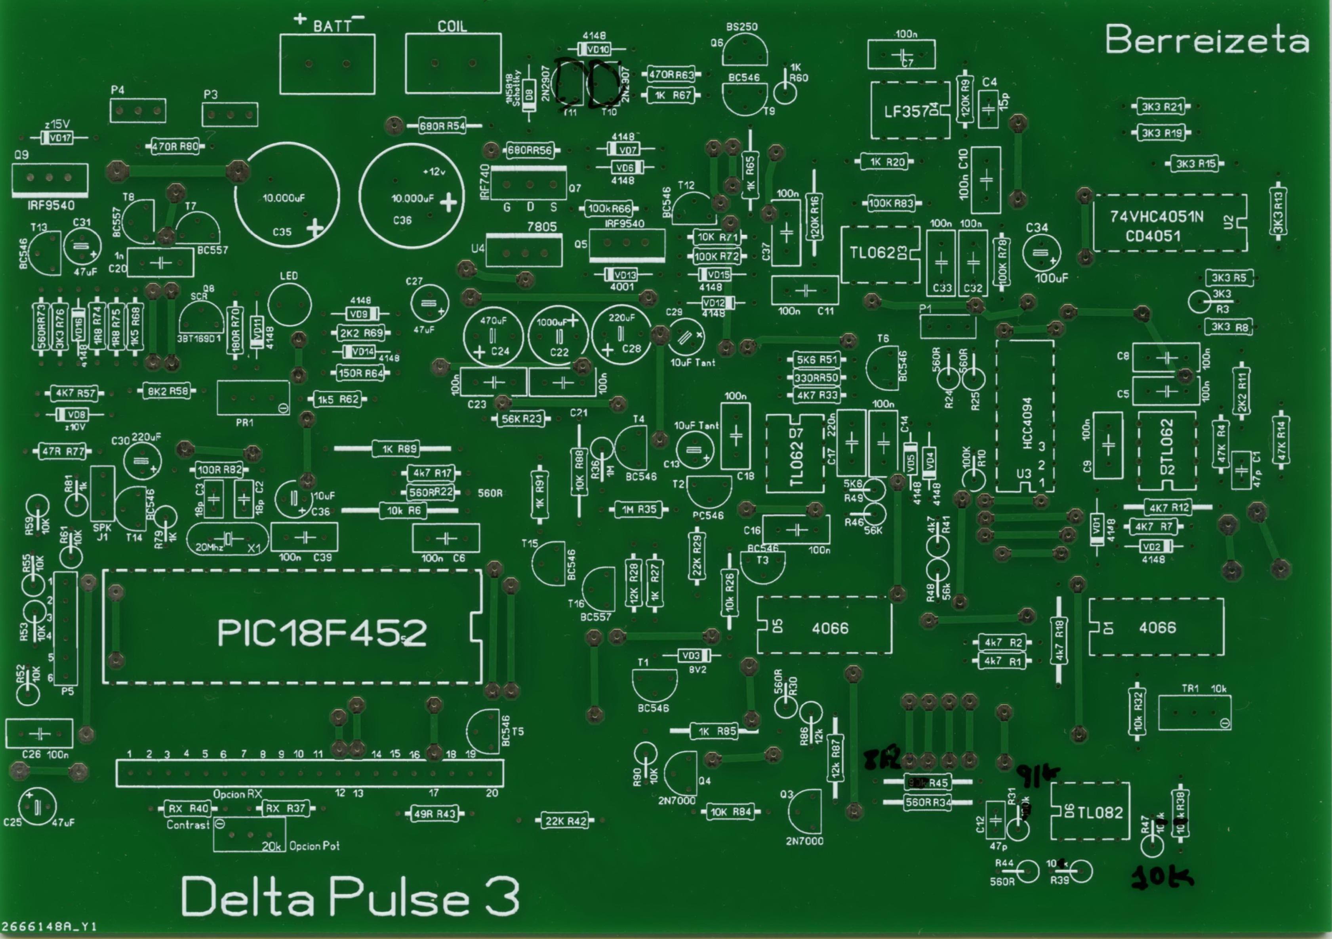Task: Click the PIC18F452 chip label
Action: click(x=322, y=633)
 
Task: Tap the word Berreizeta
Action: click(x=1207, y=40)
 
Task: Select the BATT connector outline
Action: click(x=327, y=64)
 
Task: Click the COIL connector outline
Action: click(x=453, y=64)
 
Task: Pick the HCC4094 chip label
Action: click(x=1027, y=424)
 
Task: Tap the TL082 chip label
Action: click(x=1100, y=813)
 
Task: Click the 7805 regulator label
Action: click(x=541, y=226)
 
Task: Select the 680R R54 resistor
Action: click(x=443, y=126)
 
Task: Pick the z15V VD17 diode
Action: click(x=58, y=138)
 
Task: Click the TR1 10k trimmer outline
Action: click(x=1194, y=712)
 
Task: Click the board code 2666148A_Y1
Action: click(x=50, y=927)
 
